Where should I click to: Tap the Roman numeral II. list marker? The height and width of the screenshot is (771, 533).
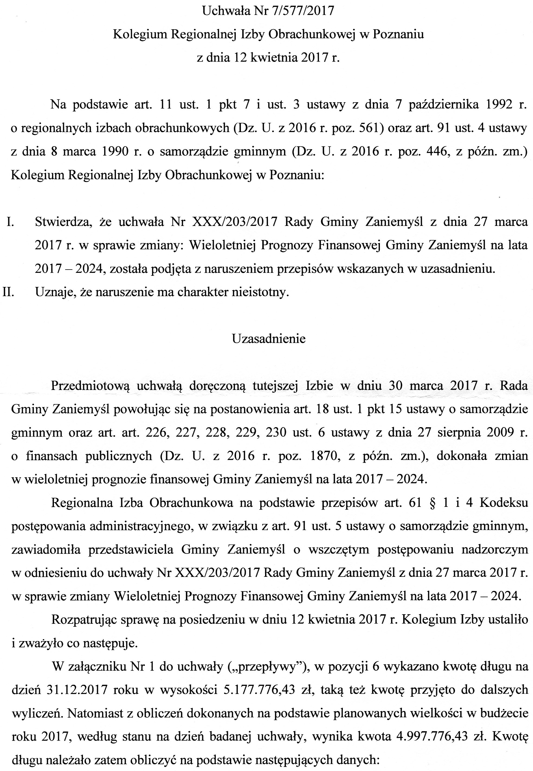(x=8, y=292)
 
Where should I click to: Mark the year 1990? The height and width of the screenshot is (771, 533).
(x=112, y=151)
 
